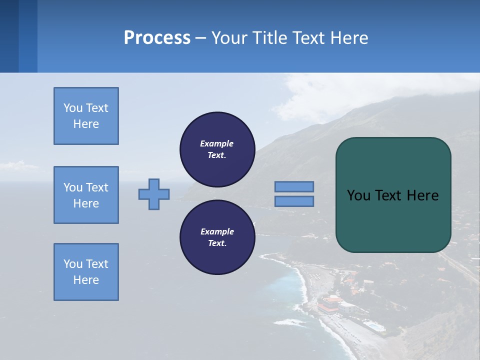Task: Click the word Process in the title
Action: point(157,38)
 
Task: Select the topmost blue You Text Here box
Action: point(86,116)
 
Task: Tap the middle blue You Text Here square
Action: point(86,195)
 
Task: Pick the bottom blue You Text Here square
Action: point(86,271)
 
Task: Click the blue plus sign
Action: point(154,194)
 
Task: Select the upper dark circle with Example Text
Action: point(217,149)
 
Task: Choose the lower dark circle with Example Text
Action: point(217,237)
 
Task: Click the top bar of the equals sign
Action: point(294,186)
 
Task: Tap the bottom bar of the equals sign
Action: point(294,201)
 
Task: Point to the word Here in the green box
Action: point(422,195)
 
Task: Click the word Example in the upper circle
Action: point(217,143)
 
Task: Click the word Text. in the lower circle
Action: point(217,243)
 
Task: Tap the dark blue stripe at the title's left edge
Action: point(9,36)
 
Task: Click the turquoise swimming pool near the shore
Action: point(374,326)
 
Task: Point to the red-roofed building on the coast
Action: point(330,302)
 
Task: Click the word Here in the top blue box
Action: point(86,124)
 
